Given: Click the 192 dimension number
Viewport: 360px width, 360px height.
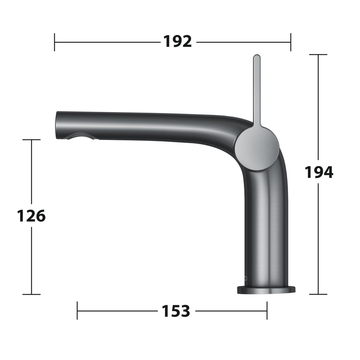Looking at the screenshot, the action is [177, 41].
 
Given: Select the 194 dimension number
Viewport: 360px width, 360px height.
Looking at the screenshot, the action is [319, 172].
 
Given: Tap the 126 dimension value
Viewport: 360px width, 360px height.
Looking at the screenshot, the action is [31, 216].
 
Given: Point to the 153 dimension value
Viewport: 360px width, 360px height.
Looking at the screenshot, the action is [176, 311].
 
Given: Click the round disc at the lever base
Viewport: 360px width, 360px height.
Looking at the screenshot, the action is [257, 149].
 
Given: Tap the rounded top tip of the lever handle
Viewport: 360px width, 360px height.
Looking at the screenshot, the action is [257, 56].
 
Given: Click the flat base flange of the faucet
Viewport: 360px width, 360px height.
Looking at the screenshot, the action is [266, 290].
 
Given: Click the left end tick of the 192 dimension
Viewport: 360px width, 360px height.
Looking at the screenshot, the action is [54, 42].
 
